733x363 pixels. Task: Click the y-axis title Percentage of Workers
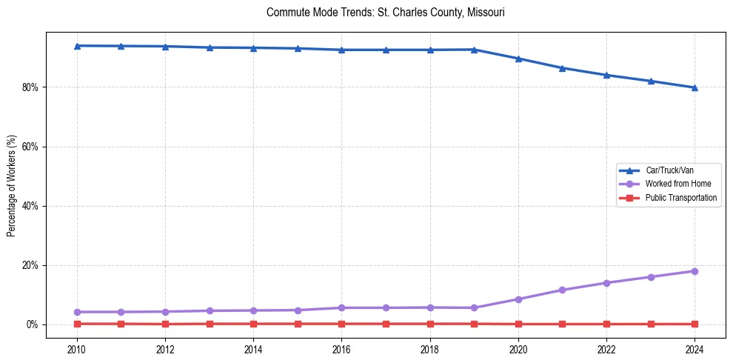pyautogui.click(x=11, y=186)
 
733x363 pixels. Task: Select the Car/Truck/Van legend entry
pyautogui.click(x=669, y=170)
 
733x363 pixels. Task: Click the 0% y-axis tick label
pyautogui.click(x=32, y=324)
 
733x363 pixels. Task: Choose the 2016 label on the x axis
pyautogui.click(x=341, y=348)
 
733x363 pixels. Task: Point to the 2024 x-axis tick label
pyautogui.click(x=694, y=348)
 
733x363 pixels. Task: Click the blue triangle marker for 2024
pyautogui.click(x=694, y=87)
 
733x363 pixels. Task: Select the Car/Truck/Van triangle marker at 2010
pyautogui.click(x=77, y=46)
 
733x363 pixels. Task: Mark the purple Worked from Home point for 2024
pyautogui.click(x=694, y=271)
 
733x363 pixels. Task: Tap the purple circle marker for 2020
pyautogui.click(x=518, y=299)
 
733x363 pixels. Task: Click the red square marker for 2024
pyautogui.click(x=694, y=324)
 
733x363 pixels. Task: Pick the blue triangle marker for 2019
pyautogui.click(x=474, y=50)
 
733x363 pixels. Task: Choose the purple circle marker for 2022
pyautogui.click(x=606, y=283)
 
